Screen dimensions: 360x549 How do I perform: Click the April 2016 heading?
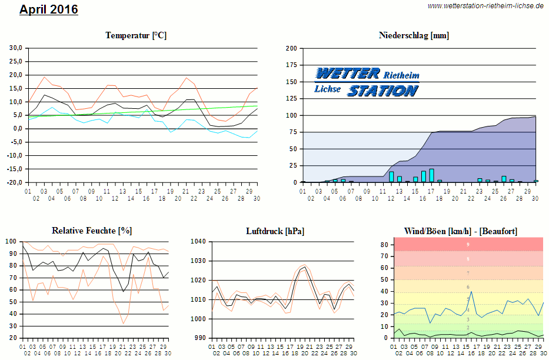click(49, 10)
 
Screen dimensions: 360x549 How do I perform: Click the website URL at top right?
click(485, 6)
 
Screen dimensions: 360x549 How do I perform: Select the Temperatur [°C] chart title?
click(136, 35)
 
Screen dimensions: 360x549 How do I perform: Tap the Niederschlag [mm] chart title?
click(414, 35)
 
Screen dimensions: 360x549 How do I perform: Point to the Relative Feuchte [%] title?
click(91, 231)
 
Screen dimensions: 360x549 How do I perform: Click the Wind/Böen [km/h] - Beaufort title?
click(461, 231)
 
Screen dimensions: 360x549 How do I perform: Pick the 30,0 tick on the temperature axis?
click(15, 48)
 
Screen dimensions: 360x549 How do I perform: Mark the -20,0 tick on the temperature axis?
click(14, 182)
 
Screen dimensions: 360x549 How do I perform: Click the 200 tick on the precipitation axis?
click(291, 48)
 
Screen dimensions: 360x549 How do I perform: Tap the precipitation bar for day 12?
click(391, 177)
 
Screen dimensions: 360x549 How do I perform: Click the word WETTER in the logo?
click(347, 74)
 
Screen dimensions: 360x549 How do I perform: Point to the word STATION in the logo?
click(382, 91)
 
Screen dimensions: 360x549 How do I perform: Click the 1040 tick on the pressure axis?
click(199, 242)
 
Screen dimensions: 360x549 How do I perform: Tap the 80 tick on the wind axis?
click(384, 244)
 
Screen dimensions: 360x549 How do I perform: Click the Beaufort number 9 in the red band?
click(468, 244)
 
